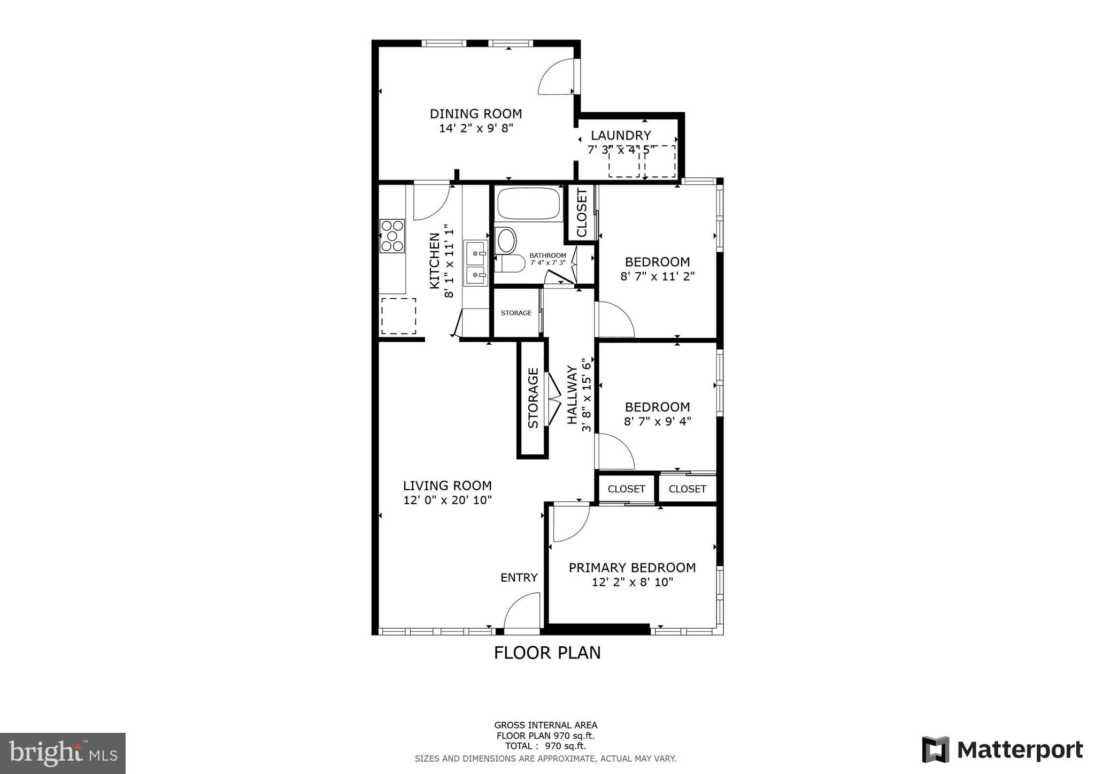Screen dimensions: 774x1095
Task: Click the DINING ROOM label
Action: pyautogui.click(x=476, y=114)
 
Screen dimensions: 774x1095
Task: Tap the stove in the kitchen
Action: pyautogui.click(x=392, y=236)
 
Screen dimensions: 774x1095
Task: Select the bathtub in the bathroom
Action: pyautogui.click(x=528, y=203)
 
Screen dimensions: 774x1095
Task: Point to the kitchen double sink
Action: pyautogui.click(x=475, y=263)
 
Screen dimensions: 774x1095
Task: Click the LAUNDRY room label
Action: pyautogui.click(x=621, y=135)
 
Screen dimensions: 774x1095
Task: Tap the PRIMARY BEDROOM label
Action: pyautogui.click(x=632, y=568)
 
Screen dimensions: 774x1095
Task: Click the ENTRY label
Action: pyautogui.click(x=519, y=577)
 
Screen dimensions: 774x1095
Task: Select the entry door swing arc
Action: pyautogui.click(x=521, y=612)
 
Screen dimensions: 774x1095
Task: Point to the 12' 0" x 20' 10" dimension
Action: pyautogui.click(x=448, y=500)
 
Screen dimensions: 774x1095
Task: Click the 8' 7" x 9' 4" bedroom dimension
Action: pyautogui.click(x=657, y=421)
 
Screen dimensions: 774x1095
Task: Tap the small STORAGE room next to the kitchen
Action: pyautogui.click(x=516, y=313)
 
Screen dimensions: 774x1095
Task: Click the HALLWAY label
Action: pyautogui.click(x=572, y=394)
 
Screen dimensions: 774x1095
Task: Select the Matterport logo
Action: pyautogui.click(x=1003, y=749)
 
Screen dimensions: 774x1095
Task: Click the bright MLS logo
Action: pyautogui.click(x=63, y=753)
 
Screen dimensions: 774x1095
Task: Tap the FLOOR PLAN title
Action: pyautogui.click(x=547, y=653)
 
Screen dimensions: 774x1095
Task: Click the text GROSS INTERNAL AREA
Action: pyautogui.click(x=545, y=725)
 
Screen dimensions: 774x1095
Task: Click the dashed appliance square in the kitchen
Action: pyautogui.click(x=398, y=316)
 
